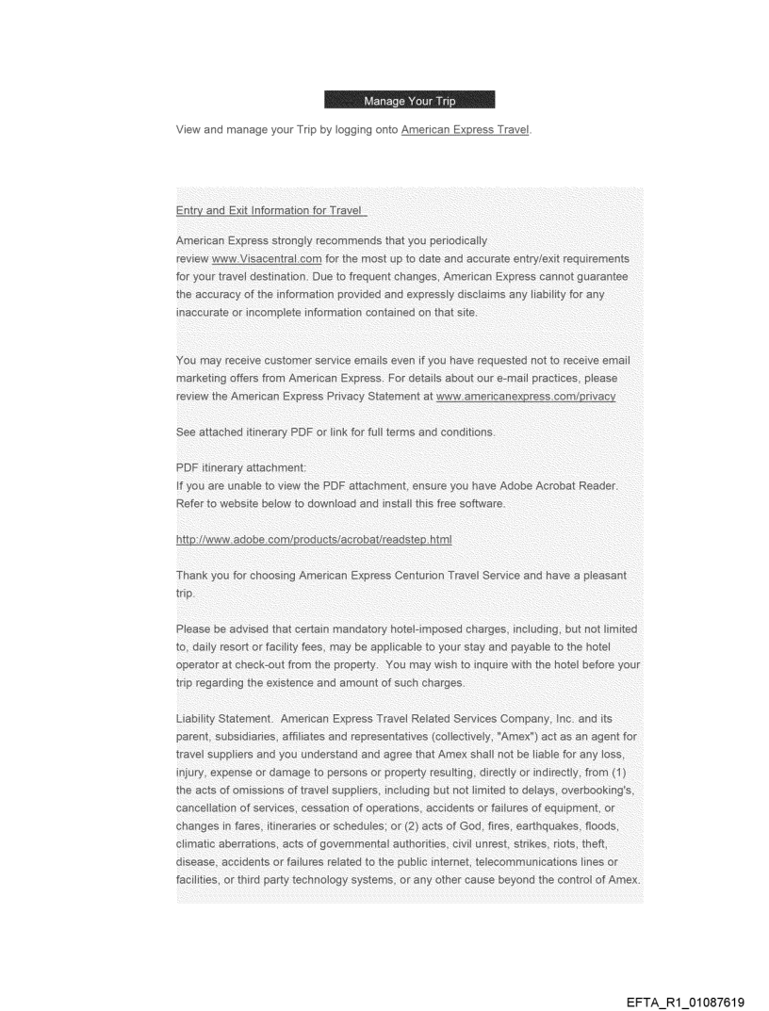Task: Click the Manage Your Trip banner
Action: [x=409, y=100]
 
